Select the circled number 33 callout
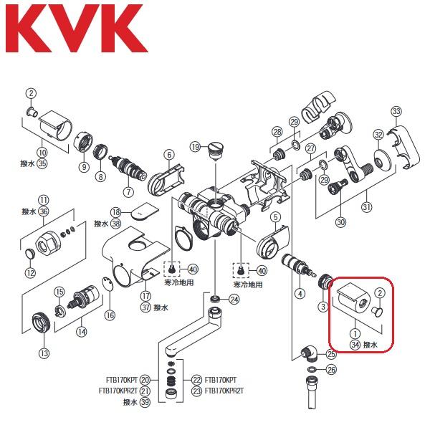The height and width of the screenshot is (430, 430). pyautogui.click(x=397, y=111)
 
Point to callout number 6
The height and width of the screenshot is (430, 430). pyautogui.click(x=169, y=154)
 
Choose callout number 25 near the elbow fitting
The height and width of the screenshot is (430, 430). pyautogui.click(x=331, y=354)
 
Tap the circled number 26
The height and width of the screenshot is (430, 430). pyautogui.click(x=330, y=371)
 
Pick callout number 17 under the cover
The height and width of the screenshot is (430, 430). pyautogui.click(x=146, y=295)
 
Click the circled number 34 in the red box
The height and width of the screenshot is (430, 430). pyautogui.click(x=355, y=345)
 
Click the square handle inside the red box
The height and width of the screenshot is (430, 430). pyautogui.click(x=350, y=299)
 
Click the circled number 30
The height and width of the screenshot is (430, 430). pyautogui.click(x=340, y=222)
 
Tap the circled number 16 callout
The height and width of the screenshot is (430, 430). pyautogui.click(x=110, y=315)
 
